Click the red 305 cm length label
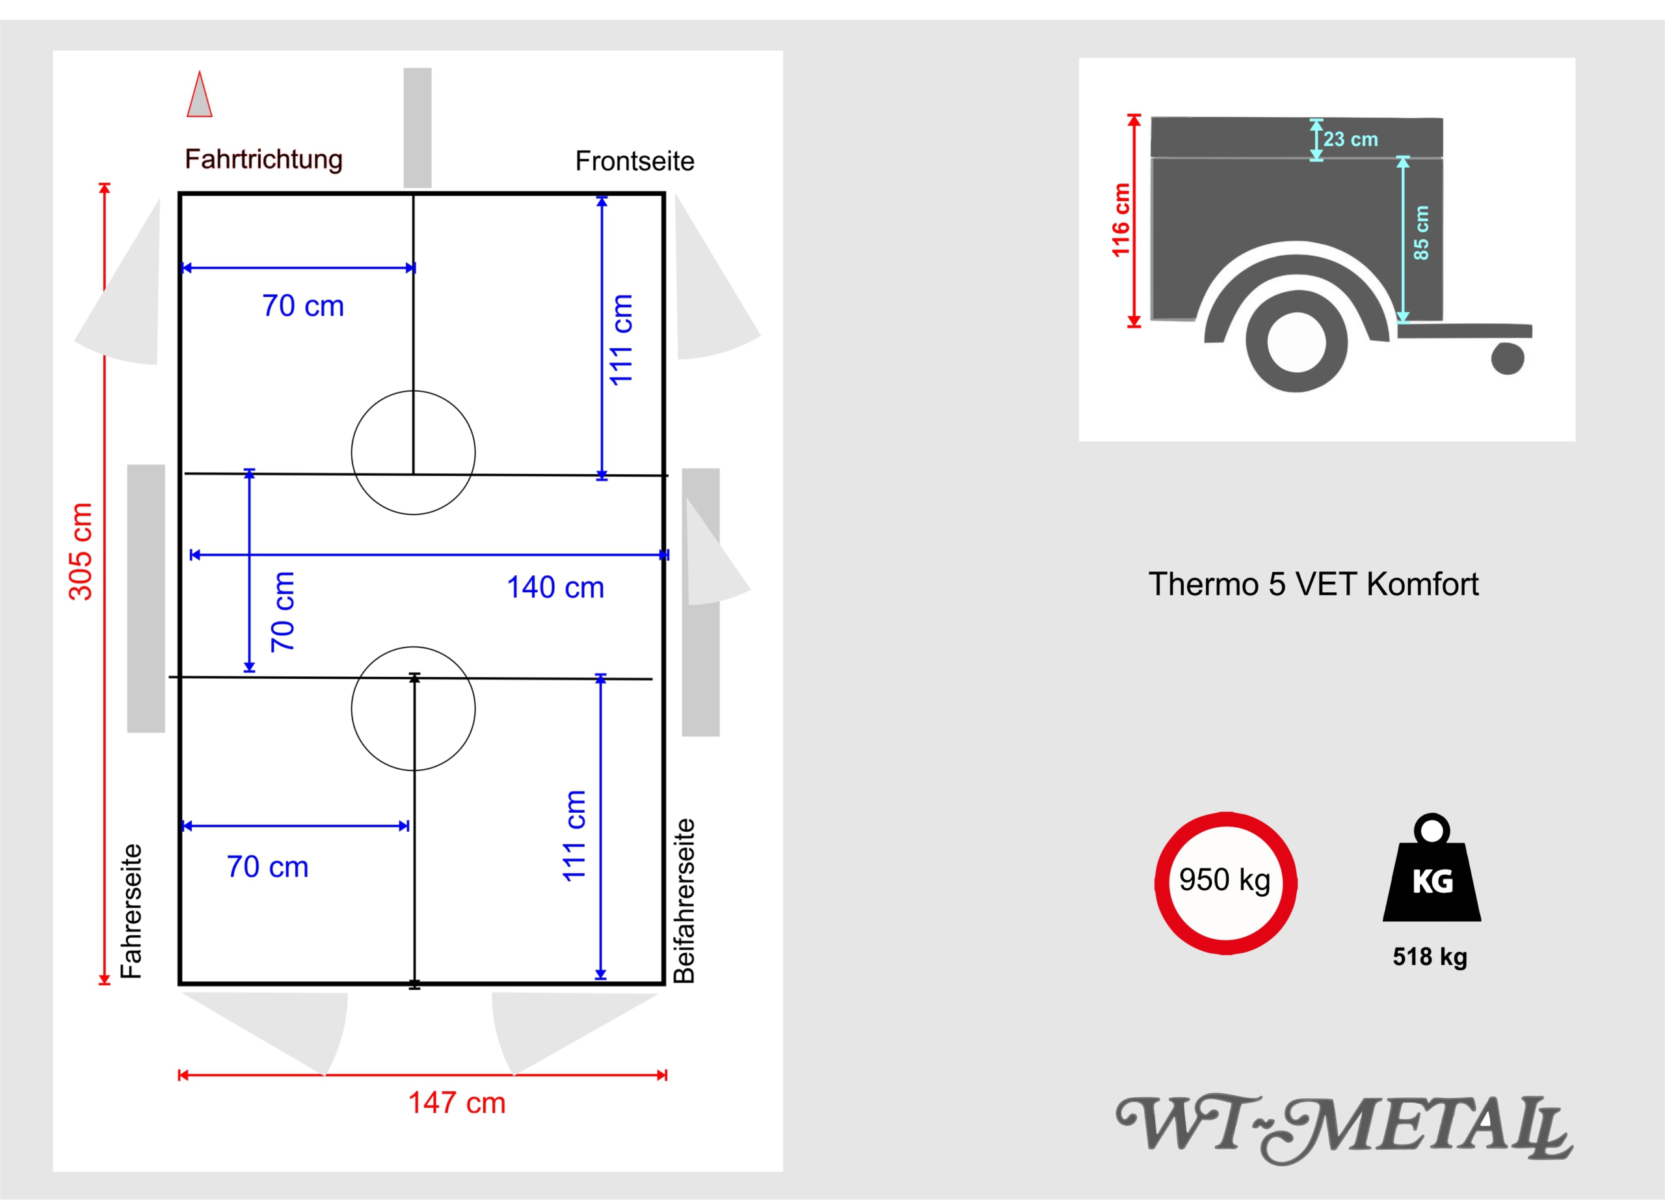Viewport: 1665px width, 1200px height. [81, 552]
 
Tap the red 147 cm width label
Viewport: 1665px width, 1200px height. [457, 1103]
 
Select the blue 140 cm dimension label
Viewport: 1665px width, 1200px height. [555, 588]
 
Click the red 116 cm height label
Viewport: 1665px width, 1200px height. [1120, 221]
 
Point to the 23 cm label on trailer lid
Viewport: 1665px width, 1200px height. [1351, 139]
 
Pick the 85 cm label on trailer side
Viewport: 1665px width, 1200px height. [1421, 233]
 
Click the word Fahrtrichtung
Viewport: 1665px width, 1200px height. [263, 159]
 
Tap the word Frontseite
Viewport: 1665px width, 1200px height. [635, 161]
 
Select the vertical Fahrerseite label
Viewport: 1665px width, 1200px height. [131, 910]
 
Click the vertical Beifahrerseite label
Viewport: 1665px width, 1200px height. [684, 901]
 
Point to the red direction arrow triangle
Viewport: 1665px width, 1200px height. [200, 94]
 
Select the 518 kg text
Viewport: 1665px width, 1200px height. [1430, 957]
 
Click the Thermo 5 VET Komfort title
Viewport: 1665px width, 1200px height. [1313, 584]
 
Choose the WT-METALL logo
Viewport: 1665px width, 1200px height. [1344, 1128]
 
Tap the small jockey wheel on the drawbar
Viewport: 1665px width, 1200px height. [1508, 359]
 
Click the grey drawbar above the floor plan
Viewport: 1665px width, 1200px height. [418, 128]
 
